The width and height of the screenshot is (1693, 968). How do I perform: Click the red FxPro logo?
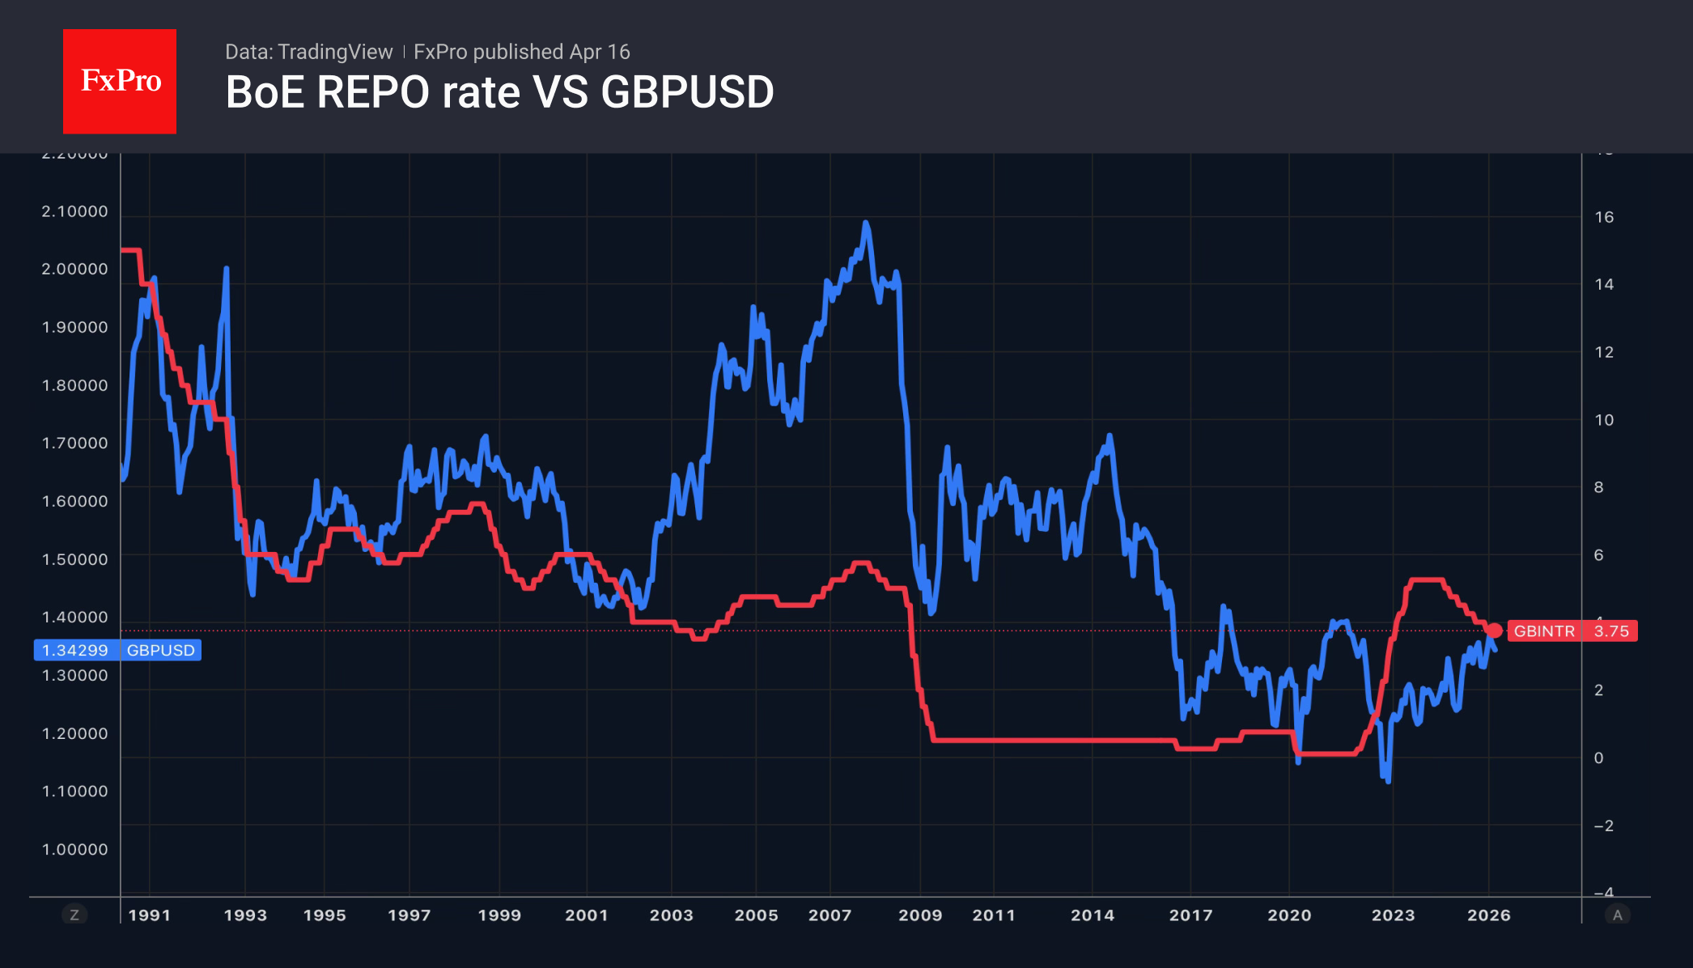[120, 81]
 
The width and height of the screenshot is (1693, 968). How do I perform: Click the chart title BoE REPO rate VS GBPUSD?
[499, 92]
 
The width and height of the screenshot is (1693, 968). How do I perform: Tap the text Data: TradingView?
[308, 52]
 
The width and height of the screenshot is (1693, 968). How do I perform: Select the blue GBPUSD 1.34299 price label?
[117, 650]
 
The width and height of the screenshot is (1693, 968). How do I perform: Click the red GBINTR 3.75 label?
[1572, 631]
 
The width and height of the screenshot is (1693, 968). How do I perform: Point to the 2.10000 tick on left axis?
[74, 211]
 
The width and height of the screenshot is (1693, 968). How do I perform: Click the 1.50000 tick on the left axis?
[74, 559]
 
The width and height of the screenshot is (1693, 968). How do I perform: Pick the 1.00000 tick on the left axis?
[74, 849]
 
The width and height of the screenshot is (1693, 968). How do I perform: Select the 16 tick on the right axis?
[1603, 217]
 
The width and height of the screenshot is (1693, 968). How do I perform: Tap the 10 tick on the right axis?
[1603, 420]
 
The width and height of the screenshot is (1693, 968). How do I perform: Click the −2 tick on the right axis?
[1603, 826]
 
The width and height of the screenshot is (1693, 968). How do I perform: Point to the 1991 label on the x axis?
[150, 915]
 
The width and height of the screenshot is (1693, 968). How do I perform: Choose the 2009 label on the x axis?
[920, 915]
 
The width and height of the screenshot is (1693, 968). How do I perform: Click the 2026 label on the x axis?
[1488, 915]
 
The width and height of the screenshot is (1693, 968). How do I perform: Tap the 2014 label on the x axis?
[1093, 915]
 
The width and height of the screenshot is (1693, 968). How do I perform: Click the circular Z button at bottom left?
[74, 915]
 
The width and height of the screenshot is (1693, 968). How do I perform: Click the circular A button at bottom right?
[1617, 915]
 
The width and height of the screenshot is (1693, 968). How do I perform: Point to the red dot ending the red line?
[1494, 630]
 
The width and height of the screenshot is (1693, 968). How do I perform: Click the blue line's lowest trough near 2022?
[1388, 780]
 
